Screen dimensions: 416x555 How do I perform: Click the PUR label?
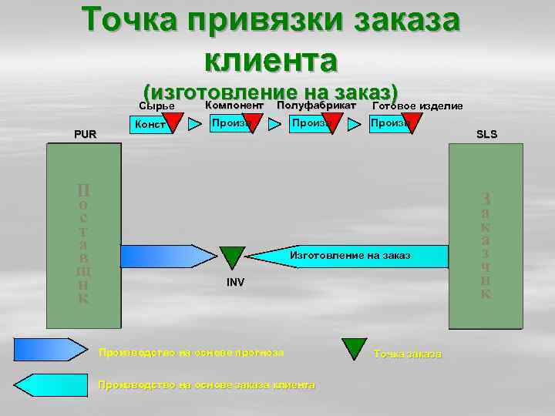pos(85,134)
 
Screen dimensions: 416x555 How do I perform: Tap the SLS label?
pos(486,134)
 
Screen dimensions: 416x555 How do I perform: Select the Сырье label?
pos(156,106)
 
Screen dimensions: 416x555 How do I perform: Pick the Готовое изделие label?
pos(417,106)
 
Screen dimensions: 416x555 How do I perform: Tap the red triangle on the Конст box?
pos(173,124)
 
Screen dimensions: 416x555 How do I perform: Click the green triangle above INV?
pos(231,257)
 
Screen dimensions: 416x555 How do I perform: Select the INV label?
pos(235,283)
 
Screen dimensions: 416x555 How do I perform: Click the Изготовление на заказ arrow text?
pos(349,255)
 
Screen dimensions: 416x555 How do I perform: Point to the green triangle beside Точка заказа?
pos(355,348)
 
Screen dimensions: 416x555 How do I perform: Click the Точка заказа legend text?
pos(407,354)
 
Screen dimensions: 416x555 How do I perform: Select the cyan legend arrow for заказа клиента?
pos(51,384)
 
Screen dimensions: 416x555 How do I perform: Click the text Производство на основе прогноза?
pos(191,352)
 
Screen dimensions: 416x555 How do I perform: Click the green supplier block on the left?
pos(83,235)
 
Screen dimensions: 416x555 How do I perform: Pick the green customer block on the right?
pos(486,235)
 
